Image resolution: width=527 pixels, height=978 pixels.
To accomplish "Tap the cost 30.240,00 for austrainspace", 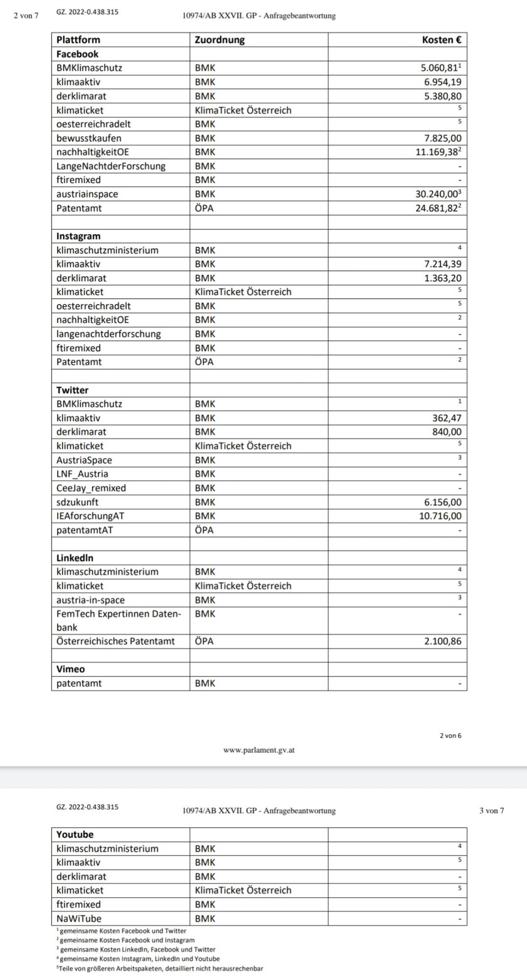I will click(438, 194).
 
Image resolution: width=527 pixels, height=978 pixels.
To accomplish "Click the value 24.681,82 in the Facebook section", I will click(438, 208).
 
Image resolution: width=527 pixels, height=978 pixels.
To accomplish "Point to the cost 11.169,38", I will click(438, 152).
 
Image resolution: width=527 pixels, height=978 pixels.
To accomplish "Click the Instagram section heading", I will click(78, 236).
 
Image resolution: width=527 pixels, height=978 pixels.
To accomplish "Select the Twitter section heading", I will click(72, 390).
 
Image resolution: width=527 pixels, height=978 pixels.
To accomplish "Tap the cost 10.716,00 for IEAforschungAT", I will click(440, 516).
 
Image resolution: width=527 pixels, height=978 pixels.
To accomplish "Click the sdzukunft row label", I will click(77, 502).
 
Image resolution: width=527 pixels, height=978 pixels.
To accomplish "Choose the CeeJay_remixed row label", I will click(91, 488).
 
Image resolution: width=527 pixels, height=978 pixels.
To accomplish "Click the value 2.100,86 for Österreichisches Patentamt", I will click(442, 641).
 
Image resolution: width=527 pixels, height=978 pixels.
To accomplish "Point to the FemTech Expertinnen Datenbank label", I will click(118, 620).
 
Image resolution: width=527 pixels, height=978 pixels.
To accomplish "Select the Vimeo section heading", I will click(70, 669).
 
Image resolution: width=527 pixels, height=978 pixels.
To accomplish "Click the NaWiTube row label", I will click(79, 919).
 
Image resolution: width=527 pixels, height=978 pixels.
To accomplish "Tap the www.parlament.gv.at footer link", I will click(259, 750).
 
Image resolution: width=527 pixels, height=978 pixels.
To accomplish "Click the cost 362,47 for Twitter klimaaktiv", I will click(446, 418).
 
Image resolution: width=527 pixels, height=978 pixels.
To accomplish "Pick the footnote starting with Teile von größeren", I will click(160, 969).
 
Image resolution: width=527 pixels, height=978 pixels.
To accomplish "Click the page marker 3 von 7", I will click(491, 810).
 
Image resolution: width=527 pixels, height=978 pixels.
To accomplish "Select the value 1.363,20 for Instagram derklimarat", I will click(442, 278).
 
